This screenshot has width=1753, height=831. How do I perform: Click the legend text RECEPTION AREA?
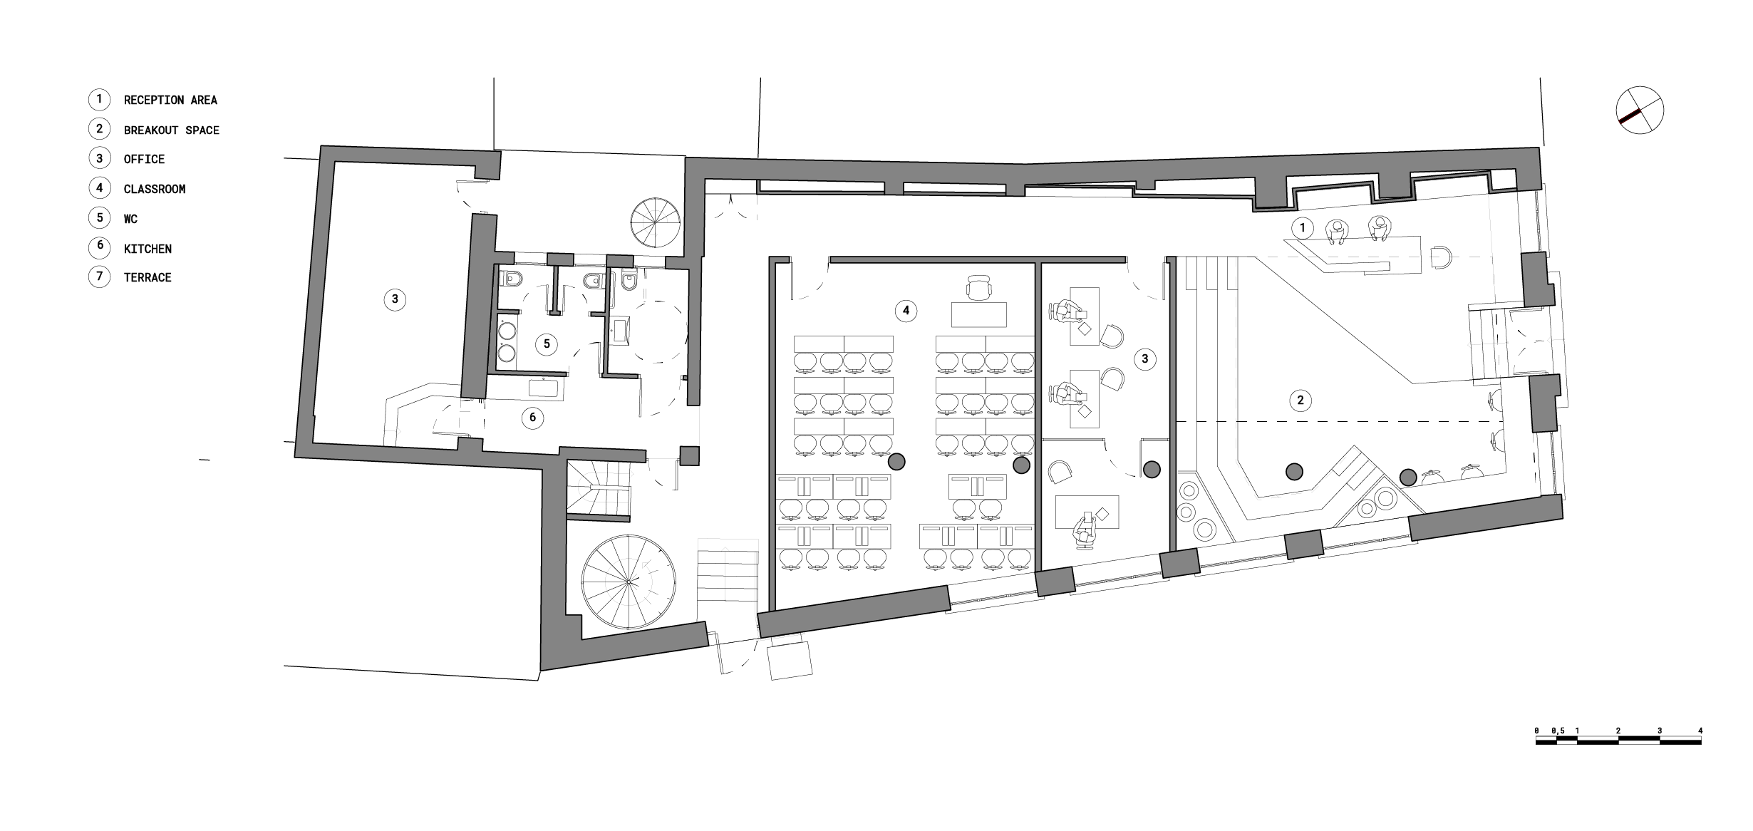pos(170,100)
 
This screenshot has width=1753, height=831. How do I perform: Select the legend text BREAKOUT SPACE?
pos(172,130)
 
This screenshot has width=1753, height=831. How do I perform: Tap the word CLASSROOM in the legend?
pos(155,189)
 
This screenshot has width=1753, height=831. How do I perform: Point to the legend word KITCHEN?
pos(148,249)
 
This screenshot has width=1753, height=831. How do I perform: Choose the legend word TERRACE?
pos(148,278)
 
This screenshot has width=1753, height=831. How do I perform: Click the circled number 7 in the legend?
pos(99,277)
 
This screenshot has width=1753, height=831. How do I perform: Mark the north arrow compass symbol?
pos(1640,110)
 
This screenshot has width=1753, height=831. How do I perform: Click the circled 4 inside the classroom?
pos(906,310)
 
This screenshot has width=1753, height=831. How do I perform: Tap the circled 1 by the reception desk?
pos(1303,228)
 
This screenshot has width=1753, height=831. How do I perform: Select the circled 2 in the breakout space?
pos(1300,401)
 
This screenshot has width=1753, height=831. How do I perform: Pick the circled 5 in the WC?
pos(547,344)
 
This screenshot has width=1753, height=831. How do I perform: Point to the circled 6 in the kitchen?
pos(532,418)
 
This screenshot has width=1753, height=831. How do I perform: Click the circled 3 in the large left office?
pos(395,299)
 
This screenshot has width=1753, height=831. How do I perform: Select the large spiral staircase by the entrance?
pos(629,582)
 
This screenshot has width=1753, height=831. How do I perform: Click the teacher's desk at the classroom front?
pos(979,314)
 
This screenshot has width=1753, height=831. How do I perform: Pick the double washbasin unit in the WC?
pos(506,342)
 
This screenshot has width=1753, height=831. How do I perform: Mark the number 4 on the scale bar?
pos(1700,731)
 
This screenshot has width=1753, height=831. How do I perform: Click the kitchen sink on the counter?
pos(547,389)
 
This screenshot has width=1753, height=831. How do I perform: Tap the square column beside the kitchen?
pos(689,455)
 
